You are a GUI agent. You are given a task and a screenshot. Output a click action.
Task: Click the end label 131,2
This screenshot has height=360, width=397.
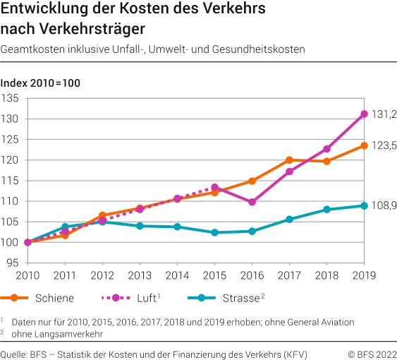384,114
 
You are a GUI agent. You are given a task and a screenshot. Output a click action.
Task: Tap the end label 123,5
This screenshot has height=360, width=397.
384,145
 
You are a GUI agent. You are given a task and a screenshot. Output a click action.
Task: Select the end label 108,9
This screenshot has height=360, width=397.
384,205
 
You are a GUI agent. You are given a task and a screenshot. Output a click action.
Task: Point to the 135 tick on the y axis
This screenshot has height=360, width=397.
12,98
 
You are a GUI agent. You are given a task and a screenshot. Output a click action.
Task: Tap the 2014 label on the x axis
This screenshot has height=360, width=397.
177,275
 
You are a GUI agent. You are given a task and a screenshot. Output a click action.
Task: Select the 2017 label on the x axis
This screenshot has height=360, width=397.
289,275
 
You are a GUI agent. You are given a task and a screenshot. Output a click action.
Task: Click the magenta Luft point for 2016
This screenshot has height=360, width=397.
252,202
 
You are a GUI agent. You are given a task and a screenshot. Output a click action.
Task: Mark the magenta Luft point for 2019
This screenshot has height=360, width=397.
365,114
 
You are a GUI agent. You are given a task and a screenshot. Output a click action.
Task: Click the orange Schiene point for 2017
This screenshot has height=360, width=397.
290,160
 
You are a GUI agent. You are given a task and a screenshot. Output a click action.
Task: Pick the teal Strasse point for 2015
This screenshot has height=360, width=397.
215,232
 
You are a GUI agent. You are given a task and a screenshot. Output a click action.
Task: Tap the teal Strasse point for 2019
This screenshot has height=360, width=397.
365,205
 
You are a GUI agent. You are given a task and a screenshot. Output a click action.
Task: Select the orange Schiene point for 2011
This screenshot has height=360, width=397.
65,235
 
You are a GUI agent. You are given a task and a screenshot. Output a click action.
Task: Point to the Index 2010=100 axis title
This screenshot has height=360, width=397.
41,83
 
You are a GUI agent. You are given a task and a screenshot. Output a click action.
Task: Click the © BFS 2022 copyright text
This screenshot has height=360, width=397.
372,353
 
